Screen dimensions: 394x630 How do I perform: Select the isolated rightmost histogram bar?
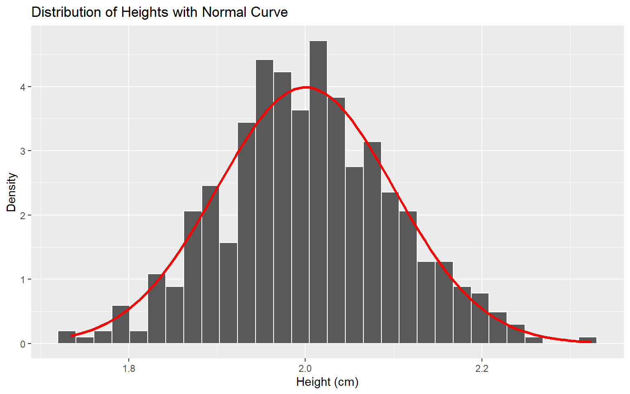click(587, 340)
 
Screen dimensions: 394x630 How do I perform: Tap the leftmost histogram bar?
click(67, 337)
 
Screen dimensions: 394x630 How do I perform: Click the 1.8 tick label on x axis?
click(129, 369)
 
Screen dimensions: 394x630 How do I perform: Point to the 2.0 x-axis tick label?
click(305, 369)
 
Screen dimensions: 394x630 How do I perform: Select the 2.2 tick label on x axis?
click(482, 369)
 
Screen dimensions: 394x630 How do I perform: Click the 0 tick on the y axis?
click(23, 344)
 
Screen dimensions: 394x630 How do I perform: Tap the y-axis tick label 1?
click(23, 279)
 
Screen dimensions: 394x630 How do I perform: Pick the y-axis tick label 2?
click(23, 215)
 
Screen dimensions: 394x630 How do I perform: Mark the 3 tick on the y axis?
click(23, 151)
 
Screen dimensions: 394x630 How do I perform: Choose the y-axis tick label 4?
click(23, 87)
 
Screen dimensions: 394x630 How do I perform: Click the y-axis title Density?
click(11, 192)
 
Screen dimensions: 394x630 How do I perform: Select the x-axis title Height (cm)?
click(327, 382)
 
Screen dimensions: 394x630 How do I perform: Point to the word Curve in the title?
click(269, 12)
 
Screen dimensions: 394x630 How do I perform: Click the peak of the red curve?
click(306, 87)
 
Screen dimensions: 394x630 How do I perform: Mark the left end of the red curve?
click(72, 336)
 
